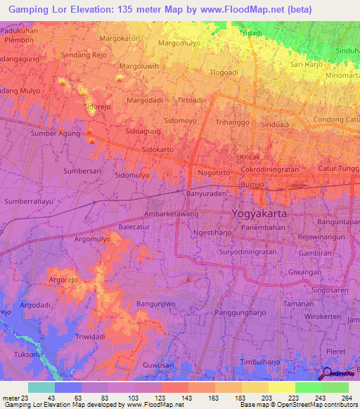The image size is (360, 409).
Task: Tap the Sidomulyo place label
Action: pyautogui.click(x=132, y=174)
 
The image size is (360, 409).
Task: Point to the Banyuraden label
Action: pyautogui.click(x=206, y=193)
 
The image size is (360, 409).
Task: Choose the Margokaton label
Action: pyautogui.click(x=120, y=38)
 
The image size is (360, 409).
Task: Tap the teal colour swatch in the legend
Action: pyautogui.click(x=41, y=387)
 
